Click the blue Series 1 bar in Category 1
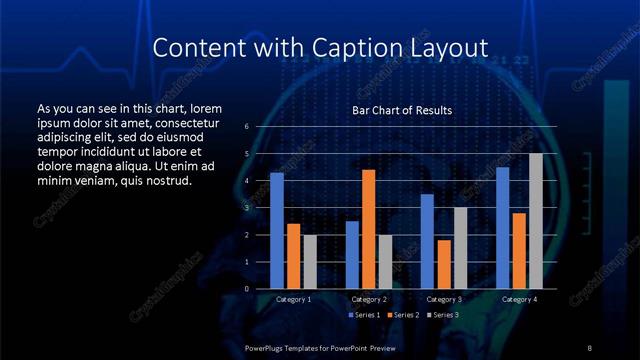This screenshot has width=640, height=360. point(277,231)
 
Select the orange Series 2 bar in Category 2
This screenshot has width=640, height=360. point(368,229)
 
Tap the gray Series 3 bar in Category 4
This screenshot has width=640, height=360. point(536,221)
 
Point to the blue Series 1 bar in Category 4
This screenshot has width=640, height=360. point(503,228)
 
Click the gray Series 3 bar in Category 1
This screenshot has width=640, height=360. point(310,262)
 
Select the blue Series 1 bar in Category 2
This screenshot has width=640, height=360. point(352,255)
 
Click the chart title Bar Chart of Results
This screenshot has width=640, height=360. point(402,110)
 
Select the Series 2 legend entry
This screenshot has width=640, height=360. point(402,315)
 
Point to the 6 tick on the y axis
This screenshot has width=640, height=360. point(247,127)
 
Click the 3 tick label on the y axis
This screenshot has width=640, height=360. point(247,208)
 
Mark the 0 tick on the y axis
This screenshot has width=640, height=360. point(247,289)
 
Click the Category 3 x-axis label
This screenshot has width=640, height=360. point(443,299)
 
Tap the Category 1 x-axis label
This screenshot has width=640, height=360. point(293,299)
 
